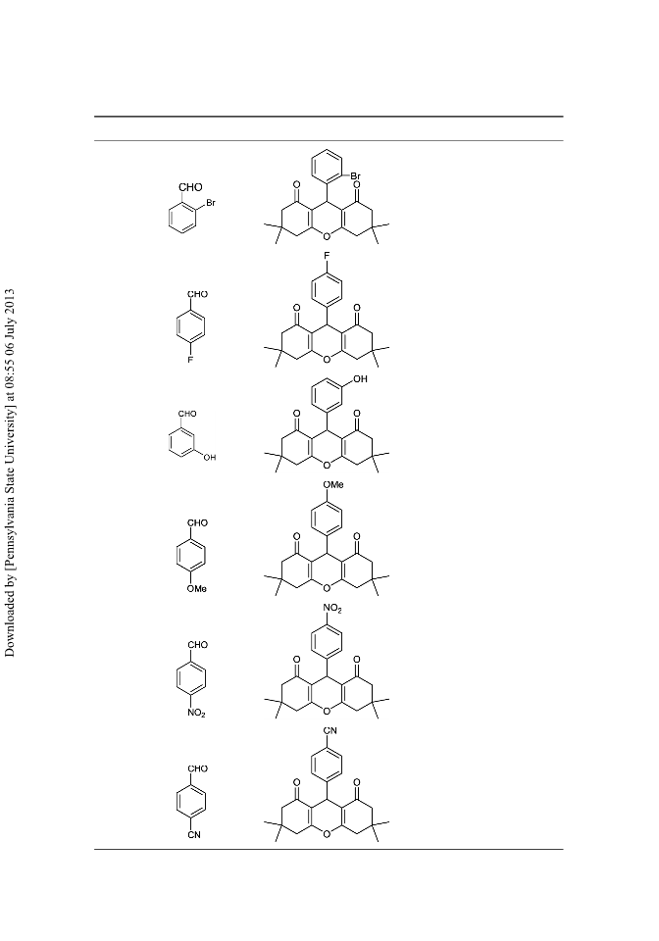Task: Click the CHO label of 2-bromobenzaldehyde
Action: (190, 188)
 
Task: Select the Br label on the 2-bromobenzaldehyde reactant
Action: (211, 204)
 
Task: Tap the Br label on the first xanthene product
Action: (355, 176)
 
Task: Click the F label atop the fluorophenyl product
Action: (328, 256)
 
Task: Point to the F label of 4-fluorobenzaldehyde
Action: (190, 360)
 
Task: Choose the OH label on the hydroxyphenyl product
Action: (360, 379)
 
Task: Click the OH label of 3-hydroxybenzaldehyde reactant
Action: (210, 458)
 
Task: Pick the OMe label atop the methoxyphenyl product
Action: (333, 484)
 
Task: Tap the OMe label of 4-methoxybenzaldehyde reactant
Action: (196, 589)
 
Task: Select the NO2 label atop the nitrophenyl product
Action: (332, 609)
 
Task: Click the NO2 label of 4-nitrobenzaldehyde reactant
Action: (196, 713)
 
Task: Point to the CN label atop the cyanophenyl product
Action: (330, 730)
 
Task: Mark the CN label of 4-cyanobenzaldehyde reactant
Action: (194, 835)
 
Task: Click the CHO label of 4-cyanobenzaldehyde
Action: (197, 768)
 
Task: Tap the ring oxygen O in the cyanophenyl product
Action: (327, 833)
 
